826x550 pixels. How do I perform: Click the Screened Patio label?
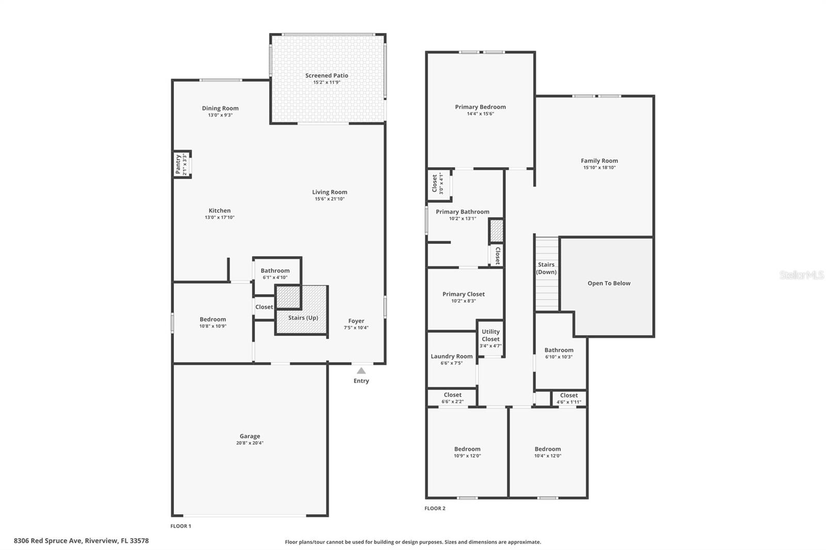point(326,75)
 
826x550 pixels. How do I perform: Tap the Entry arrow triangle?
point(361,370)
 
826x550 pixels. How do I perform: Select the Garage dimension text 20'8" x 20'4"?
point(250,443)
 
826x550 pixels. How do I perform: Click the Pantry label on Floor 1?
point(178,164)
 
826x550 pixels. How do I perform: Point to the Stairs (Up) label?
point(303,318)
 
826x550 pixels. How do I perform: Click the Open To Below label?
point(609,283)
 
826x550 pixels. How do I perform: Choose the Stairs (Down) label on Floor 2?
point(546,268)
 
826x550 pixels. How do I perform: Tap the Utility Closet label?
point(490,335)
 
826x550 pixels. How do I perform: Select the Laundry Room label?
point(452,357)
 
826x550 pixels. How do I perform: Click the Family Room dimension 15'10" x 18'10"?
point(599,168)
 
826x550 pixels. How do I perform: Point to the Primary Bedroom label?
point(480,107)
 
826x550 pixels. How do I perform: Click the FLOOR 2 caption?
point(435,508)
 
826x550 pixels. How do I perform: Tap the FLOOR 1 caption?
point(181,526)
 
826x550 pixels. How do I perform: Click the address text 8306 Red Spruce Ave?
point(48,541)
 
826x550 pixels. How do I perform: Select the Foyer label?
point(356,321)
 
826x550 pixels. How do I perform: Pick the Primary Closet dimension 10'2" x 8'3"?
point(464,301)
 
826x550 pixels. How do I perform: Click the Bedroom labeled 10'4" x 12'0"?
point(548,449)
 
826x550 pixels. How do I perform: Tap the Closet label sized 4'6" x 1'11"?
point(569,395)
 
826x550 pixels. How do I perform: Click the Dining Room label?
point(220,108)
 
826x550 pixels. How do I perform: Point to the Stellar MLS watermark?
point(801,275)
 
